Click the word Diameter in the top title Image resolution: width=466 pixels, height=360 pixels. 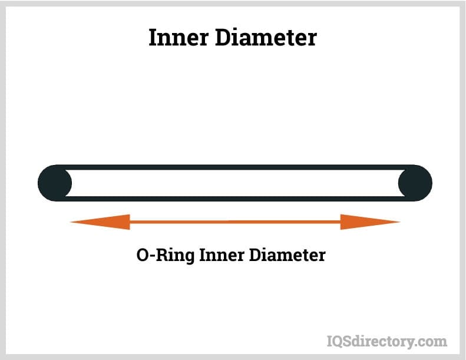pyautogui.click(x=269, y=38)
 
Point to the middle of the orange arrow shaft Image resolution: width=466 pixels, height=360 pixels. pyautogui.click(x=235, y=222)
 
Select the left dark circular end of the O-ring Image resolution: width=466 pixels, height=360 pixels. pyautogui.click(x=55, y=183)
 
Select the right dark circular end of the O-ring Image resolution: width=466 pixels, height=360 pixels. pyautogui.click(x=415, y=183)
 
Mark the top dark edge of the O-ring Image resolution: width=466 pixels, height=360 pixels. pyautogui.click(x=235, y=167)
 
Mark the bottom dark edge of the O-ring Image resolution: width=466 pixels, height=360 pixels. pyautogui.click(x=235, y=199)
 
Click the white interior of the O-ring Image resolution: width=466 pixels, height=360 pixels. pyautogui.click(x=235, y=183)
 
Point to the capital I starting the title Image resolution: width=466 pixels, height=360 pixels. pyautogui.click(x=153, y=38)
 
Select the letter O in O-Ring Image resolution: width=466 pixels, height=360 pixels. pyautogui.click(x=143, y=256)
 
